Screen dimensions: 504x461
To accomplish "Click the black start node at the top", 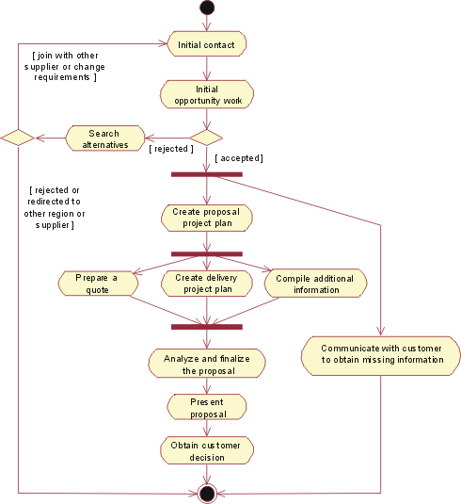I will tap(207, 8).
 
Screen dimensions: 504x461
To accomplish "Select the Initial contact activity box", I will tap(207, 44).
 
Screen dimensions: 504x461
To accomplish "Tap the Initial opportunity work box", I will tap(207, 95).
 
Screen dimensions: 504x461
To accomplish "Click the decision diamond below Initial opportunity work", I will tap(207, 138).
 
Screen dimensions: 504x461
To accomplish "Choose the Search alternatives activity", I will tap(105, 138).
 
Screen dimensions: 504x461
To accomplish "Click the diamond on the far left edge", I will tap(18, 138).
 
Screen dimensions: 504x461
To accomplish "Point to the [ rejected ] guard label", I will tap(170, 149).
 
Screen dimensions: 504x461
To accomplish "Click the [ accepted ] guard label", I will tap(239, 158).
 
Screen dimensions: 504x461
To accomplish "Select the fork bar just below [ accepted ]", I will tap(207, 174).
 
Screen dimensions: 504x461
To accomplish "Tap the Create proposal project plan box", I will tap(207, 218).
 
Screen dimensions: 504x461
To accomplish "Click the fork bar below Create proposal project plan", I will tap(207, 253).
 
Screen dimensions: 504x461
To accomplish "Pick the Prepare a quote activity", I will tap(95, 284).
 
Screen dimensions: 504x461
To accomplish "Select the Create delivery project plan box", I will tap(207, 284).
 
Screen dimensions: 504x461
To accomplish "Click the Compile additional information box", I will tap(316, 284).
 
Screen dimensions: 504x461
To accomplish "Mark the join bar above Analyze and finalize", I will tap(207, 327).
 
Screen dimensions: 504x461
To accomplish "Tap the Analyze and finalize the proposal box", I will tap(207, 364).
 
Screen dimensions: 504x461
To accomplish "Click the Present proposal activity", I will tap(207, 407).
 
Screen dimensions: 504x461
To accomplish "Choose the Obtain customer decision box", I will tap(207, 450).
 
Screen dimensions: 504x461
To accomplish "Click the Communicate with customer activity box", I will tap(381, 353).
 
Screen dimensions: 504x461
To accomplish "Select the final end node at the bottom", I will tap(207, 493).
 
